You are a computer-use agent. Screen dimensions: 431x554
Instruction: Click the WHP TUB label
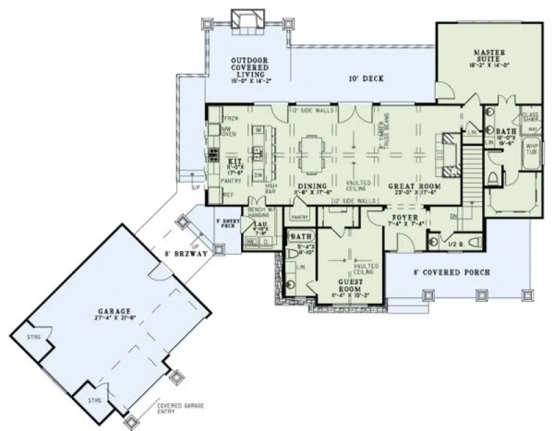[532, 149]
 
